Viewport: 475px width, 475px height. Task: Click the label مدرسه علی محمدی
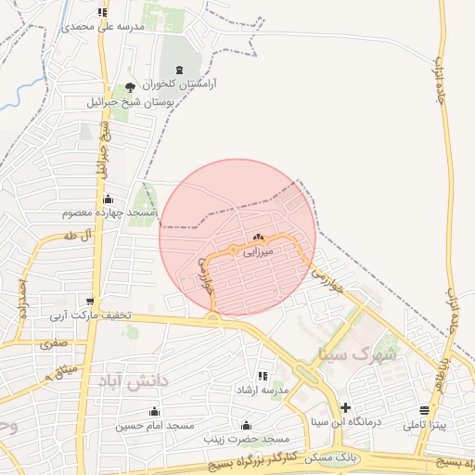pyautogui.click(x=104, y=27)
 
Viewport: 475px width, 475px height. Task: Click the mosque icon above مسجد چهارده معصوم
pyautogui.click(x=109, y=199)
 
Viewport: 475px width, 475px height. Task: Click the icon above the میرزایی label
pyautogui.click(x=257, y=237)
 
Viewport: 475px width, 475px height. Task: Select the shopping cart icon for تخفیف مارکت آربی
pyautogui.click(x=90, y=301)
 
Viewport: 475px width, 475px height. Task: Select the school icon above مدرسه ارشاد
pyautogui.click(x=263, y=376)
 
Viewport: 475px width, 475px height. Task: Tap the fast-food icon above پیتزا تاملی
pyautogui.click(x=424, y=410)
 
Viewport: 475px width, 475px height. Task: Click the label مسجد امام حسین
pyautogui.click(x=154, y=425)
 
